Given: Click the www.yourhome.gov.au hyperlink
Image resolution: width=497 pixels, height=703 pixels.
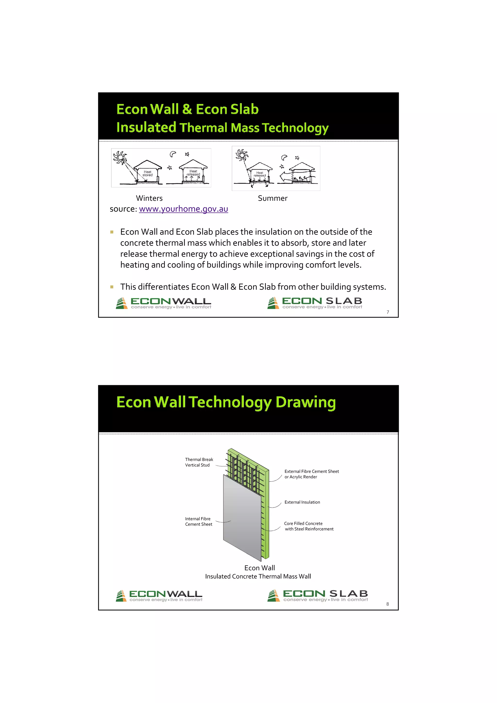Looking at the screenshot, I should coord(183,209).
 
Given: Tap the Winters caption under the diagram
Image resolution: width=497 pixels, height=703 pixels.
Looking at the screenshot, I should coord(149,198).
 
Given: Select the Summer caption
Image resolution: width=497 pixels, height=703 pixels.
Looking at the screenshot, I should coord(273,198).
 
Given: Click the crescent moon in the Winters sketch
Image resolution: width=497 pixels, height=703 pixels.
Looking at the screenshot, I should coord(173,154).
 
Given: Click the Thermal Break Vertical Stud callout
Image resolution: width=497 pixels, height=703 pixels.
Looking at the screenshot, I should coord(199,462).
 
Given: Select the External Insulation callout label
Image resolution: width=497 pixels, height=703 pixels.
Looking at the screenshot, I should coord(302,502).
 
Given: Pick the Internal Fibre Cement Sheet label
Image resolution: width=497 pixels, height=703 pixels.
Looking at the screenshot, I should coord(199,522).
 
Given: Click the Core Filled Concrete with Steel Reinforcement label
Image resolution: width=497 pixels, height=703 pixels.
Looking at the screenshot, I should coord(309,526).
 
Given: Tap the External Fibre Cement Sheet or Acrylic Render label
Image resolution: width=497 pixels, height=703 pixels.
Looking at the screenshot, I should coord(311,474).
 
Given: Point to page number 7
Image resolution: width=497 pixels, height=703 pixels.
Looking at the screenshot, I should coord(388,312).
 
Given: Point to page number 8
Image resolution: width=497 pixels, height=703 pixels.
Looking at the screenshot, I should coord(387,604).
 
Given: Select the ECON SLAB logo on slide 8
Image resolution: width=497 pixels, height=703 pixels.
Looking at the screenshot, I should coord(318,596).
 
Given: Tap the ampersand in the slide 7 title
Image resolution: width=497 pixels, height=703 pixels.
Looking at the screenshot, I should coord(187,109).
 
